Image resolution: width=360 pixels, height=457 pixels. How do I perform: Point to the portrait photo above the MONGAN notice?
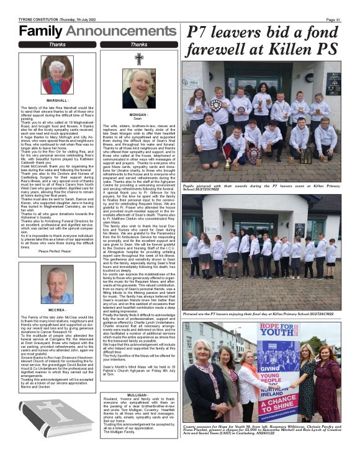click(x=138, y=87)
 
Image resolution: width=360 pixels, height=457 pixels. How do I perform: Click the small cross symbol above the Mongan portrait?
click(x=138, y=59)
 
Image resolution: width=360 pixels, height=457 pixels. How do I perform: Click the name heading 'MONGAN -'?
click(x=138, y=115)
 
